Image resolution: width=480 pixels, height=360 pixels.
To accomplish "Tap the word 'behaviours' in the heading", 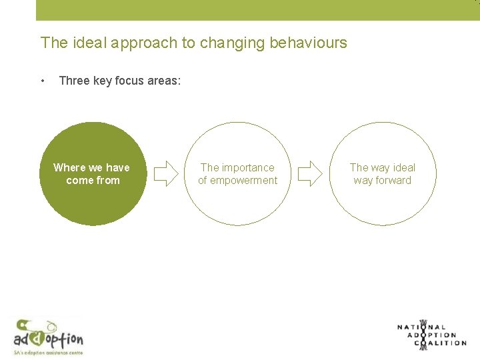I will pos(308,43).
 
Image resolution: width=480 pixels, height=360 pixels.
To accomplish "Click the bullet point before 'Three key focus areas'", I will pos(43,81).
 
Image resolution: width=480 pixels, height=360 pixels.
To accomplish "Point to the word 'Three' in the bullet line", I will pos(73,81).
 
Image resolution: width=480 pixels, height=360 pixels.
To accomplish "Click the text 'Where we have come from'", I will pos(92,174).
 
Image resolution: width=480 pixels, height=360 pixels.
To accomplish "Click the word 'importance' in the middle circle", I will pos(248,168).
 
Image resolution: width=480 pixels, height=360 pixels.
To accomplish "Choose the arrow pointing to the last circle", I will pos(309,174).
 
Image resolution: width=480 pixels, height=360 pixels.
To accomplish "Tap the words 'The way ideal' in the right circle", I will pos(383,168).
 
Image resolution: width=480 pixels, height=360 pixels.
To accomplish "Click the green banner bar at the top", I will pos(257,10).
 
